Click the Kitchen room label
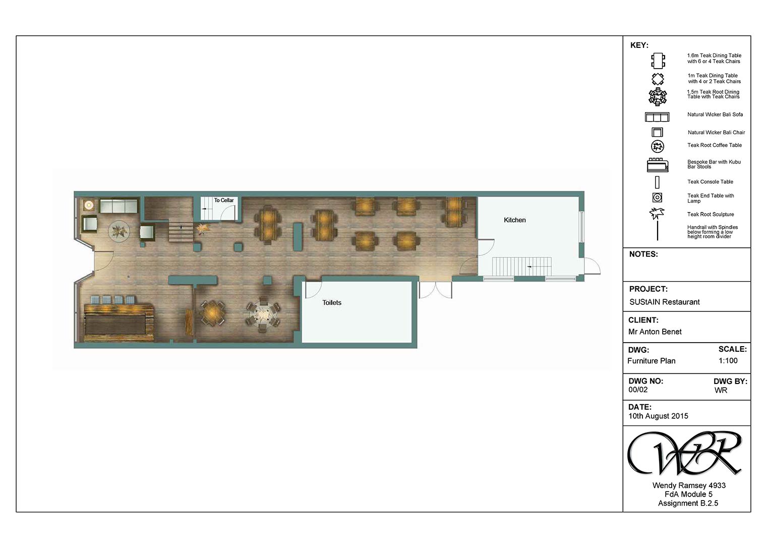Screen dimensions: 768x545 click(515, 220)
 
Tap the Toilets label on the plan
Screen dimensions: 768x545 click(331, 303)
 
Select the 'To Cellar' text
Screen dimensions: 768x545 click(224, 200)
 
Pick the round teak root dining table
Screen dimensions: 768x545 click(263, 314)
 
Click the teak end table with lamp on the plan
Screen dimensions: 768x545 click(89, 205)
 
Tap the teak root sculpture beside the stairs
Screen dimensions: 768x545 click(203, 228)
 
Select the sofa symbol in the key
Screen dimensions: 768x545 click(657, 117)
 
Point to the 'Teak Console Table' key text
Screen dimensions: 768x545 click(710, 182)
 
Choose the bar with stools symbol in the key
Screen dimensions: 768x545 click(658, 165)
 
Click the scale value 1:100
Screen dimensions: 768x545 click(728, 361)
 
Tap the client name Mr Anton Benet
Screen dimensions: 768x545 click(655, 332)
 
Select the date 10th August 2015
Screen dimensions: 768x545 click(658, 416)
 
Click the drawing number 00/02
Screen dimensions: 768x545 click(638, 390)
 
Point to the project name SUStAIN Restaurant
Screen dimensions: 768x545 click(665, 302)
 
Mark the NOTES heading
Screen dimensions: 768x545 click(643, 254)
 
